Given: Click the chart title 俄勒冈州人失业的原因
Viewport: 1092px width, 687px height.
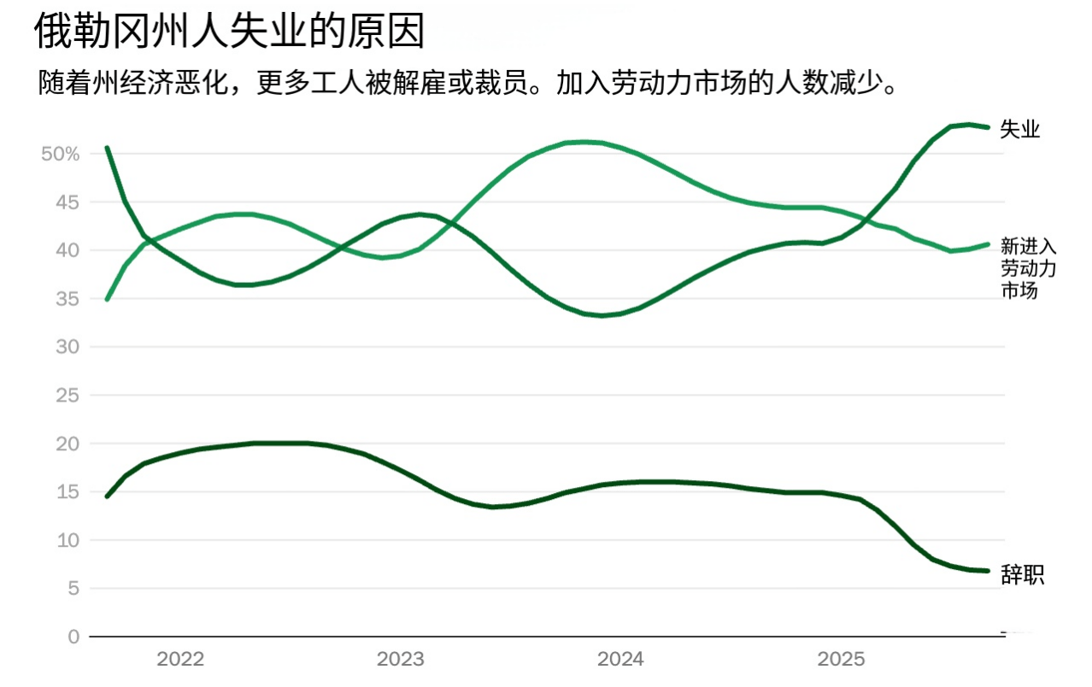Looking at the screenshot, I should pos(229,32).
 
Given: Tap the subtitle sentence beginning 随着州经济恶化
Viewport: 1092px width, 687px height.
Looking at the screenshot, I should pos(469,83).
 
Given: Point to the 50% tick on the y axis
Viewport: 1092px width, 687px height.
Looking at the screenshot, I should pos(60,155).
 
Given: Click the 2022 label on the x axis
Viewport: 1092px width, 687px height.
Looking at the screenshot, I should pos(180,660).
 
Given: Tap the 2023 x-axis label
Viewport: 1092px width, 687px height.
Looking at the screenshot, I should pos(401,660).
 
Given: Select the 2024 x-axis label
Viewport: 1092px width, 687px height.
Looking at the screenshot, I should pos(621,660).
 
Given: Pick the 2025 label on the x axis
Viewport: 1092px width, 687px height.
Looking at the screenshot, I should pos(842,660).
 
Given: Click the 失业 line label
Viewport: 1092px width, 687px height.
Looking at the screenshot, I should pos(1020,130).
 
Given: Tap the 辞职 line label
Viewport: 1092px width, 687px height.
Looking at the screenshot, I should pos(1022,575).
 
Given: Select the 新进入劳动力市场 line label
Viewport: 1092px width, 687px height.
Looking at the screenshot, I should pos(1029,268).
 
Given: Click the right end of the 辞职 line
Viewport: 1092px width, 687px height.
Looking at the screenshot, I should pos(987,571).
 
